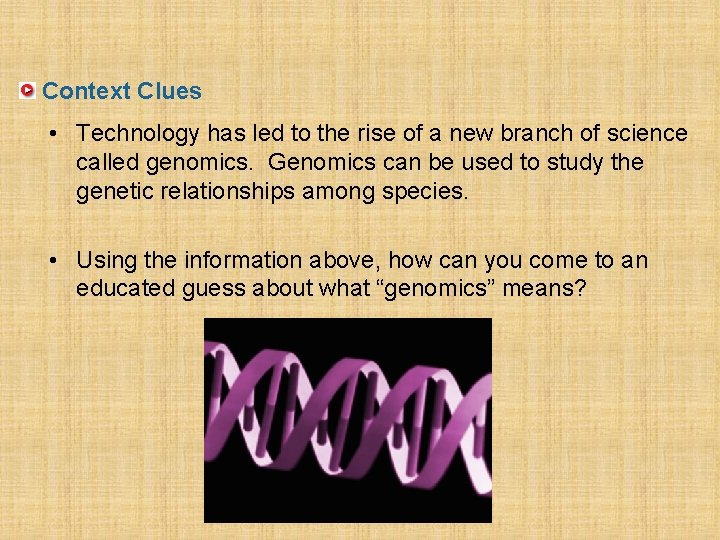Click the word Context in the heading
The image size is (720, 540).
click(87, 91)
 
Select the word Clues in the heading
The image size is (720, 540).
click(169, 91)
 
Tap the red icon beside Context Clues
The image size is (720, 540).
click(28, 91)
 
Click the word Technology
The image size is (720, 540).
click(138, 133)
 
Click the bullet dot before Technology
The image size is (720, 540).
click(61, 133)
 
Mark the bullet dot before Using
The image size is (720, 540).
click(61, 261)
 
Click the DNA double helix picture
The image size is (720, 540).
click(347, 420)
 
